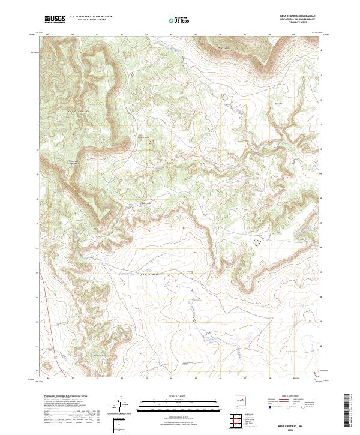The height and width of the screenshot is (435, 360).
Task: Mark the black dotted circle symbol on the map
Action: (257, 242)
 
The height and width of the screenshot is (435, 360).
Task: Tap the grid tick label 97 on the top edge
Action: (245, 34)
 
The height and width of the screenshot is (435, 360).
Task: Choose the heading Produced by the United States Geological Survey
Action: (66, 397)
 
